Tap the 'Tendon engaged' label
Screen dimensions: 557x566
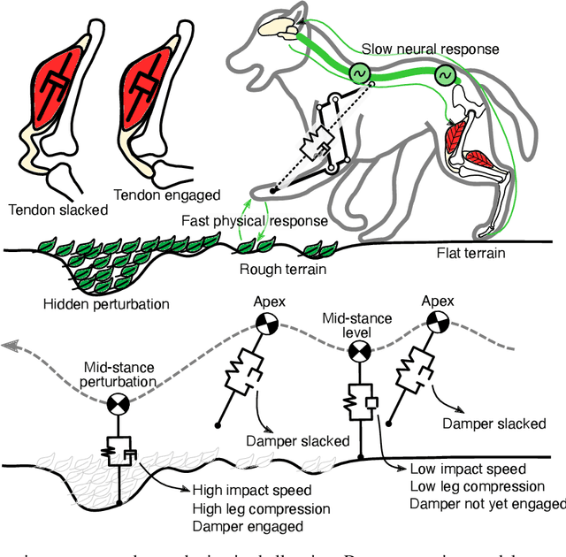point(167,195)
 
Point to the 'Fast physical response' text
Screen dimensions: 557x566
point(255,221)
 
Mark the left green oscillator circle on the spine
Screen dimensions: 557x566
point(359,73)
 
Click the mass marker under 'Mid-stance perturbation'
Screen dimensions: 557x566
point(116,406)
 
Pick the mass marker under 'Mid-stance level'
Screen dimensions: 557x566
point(360,352)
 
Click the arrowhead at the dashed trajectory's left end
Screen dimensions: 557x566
point(12,346)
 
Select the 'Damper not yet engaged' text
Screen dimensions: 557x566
point(487,504)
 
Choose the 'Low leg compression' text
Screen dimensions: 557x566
point(478,486)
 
